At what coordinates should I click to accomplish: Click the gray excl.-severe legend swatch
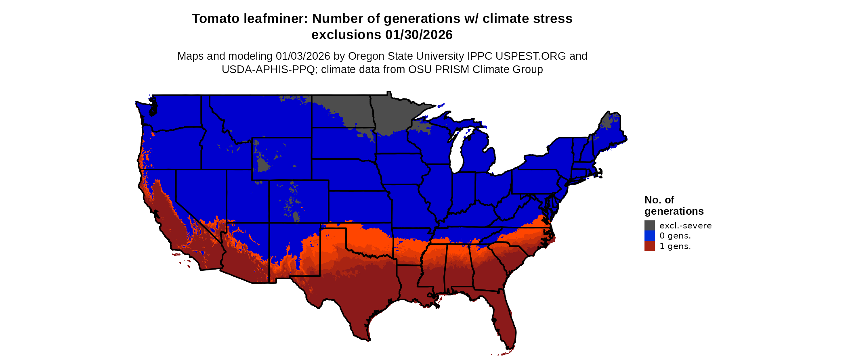click(x=649, y=225)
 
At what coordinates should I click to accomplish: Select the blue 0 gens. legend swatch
click(x=649, y=236)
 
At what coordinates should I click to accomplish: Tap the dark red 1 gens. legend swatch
click(x=649, y=246)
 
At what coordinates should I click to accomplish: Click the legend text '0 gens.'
click(x=675, y=236)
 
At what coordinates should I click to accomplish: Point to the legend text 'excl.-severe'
click(x=685, y=225)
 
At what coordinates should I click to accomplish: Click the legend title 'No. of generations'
click(x=674, y=205)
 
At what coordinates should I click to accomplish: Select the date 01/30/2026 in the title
click(x=419, y=35)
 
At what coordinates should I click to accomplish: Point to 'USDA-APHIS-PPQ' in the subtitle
click(x=268, y=69)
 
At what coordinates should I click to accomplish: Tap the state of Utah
click(x=246, y=198)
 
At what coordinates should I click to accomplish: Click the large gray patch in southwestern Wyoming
click(x=263, y=165)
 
